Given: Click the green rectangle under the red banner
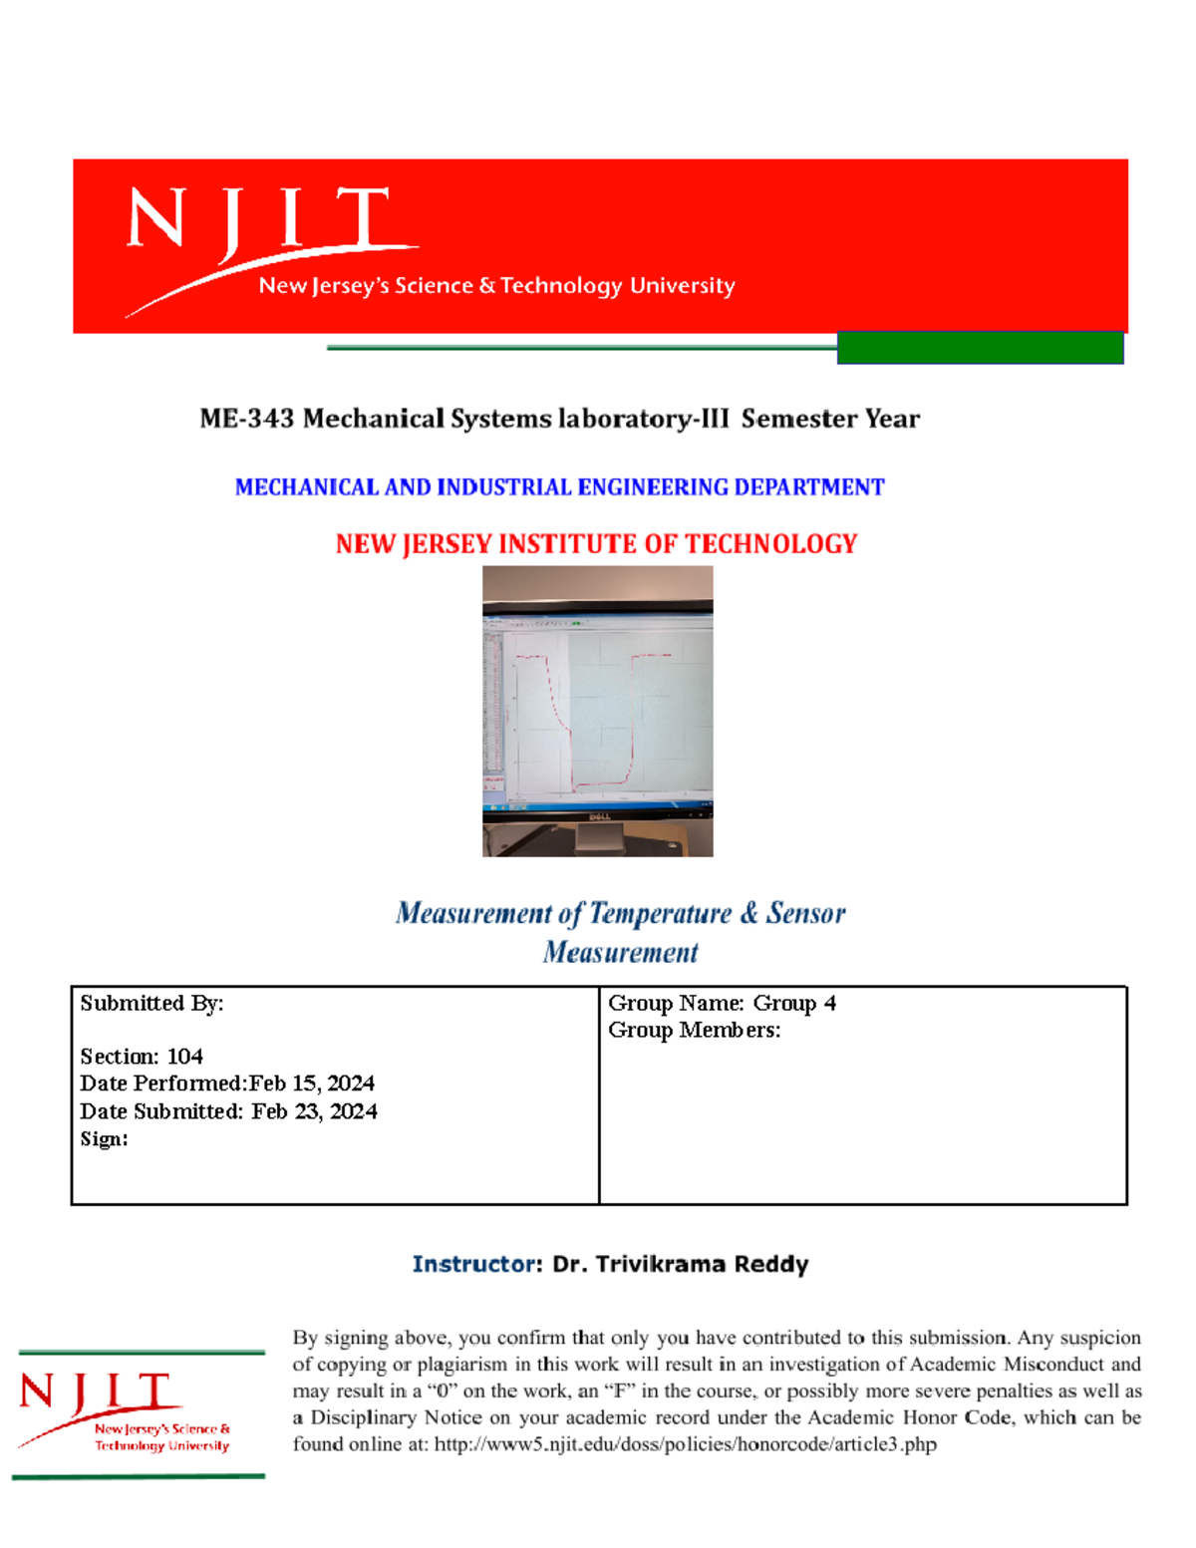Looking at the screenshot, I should [980, 348].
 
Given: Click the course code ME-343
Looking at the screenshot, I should [247, 419].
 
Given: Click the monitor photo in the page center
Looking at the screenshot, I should [597, 710].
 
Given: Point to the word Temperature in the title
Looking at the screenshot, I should [660, 913].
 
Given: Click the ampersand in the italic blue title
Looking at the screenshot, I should [748, 913].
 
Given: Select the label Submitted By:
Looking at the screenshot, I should [151, 1004].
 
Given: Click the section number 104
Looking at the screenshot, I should [185, 1057].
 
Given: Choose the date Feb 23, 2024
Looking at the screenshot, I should [314, 1111].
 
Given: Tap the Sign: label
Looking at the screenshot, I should [104, 1139].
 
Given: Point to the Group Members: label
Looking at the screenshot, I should [694, 1031].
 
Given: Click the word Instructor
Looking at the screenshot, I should [473, 1265].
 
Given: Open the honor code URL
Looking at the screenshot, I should [685, 1444].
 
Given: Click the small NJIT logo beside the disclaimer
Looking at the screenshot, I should [139, 1413].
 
